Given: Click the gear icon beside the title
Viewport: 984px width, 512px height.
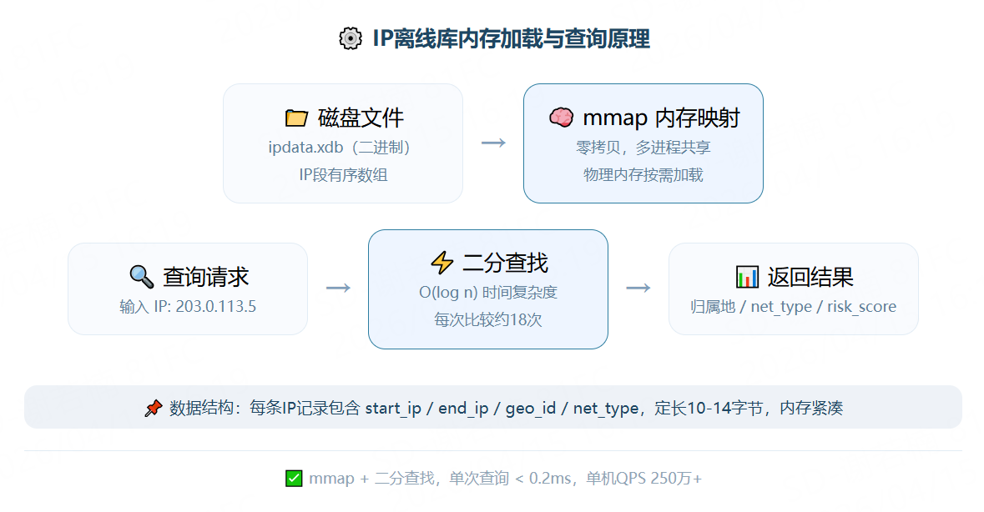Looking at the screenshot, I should coord(351,38).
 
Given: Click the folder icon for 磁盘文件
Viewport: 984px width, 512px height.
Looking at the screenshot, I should coord(296,118).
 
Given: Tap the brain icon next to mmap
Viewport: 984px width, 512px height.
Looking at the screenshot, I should coord(561,118).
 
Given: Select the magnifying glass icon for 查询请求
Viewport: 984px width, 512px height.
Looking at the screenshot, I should coord(141,276).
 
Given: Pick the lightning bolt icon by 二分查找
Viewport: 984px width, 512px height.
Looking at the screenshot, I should coord(442,264).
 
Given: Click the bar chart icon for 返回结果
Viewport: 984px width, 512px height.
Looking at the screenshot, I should coord(747,276).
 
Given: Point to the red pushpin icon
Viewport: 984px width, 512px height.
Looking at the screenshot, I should coord(153,409).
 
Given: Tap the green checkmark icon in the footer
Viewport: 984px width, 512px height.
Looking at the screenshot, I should coord(293,479).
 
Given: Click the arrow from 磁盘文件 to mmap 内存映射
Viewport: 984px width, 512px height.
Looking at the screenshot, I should coord(493,143).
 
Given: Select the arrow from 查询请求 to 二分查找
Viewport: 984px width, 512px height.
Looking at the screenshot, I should coord(338,288).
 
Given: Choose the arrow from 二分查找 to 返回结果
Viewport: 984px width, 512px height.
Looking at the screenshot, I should coord(638,288).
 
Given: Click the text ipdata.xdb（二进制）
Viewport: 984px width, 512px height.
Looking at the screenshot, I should coord(343,148).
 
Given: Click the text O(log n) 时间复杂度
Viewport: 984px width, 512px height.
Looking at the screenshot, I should coord(487,293).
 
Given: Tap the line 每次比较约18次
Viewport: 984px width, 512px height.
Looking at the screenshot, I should coord(487,319).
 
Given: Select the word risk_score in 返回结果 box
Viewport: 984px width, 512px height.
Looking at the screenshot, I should coord(862,307).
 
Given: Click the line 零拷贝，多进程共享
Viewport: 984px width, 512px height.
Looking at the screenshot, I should coord(643,148).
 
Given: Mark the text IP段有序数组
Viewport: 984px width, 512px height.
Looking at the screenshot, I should coord(343,174).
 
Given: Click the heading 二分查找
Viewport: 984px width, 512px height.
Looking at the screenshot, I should coord(505,264).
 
